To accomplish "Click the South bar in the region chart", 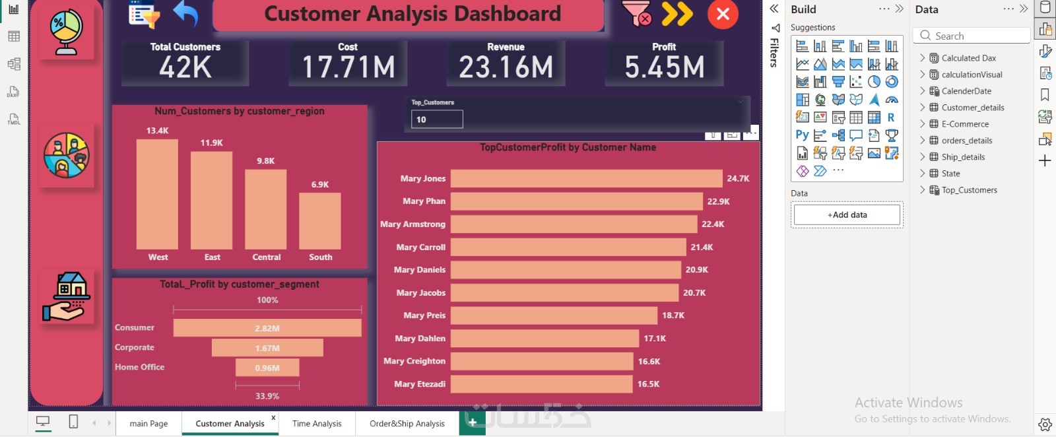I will pyautogui.click(x=320, y=220).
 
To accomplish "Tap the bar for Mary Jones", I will pyautogui.click(x=586, y=178).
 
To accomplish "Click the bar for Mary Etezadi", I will pyautogui.click(x=541, y=384).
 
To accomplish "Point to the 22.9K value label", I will pyautogui.click(x=718, y=201).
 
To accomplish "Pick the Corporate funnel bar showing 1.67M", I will pyautogui.click(x=267, y=348).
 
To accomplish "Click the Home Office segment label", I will pyautogui.click(x=140, y=367).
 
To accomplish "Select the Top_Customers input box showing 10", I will pyautogui.click(x=437, y=119).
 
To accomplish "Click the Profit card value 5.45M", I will pyautogui.click(x=664, y=67).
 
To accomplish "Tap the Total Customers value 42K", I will pyautogui.click(x=185, y=67).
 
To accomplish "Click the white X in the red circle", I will pyautogui.click(x=723, y=14).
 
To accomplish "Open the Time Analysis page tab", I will pyautogui.click(x=317, y=424).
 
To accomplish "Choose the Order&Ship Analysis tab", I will pyautogui.click(x=407, y=424).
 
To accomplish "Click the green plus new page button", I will pyautogui.click(x=473, y=423).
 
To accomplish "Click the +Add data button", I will pyautogui.click(x=847, y=215).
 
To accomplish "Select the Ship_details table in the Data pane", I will pyautogui.click(x=963, y=157).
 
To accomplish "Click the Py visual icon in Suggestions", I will pyautogui.click(x=802, y=135).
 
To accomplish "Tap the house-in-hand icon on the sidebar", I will pyautogui.click(x=67, y=297).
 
